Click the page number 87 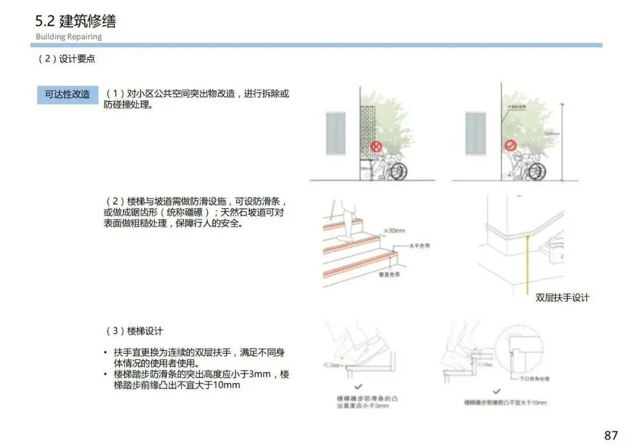point(611,435)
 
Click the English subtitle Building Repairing point(68,37)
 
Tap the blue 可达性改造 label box point(67,94)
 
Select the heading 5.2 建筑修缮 point(75,21)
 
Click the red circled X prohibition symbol point(377,146)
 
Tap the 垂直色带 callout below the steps point(387,274)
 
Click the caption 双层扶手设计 point(563,298)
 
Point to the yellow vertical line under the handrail point(527,263)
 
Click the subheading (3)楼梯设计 point(134,331)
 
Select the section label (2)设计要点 point(67,60)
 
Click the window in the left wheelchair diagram point(335,134)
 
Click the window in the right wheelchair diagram point(476,134)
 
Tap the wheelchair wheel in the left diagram point(398,172)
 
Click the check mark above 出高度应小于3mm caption point(358,386)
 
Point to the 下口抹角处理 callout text point(535,378)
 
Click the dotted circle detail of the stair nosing point(521,350)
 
